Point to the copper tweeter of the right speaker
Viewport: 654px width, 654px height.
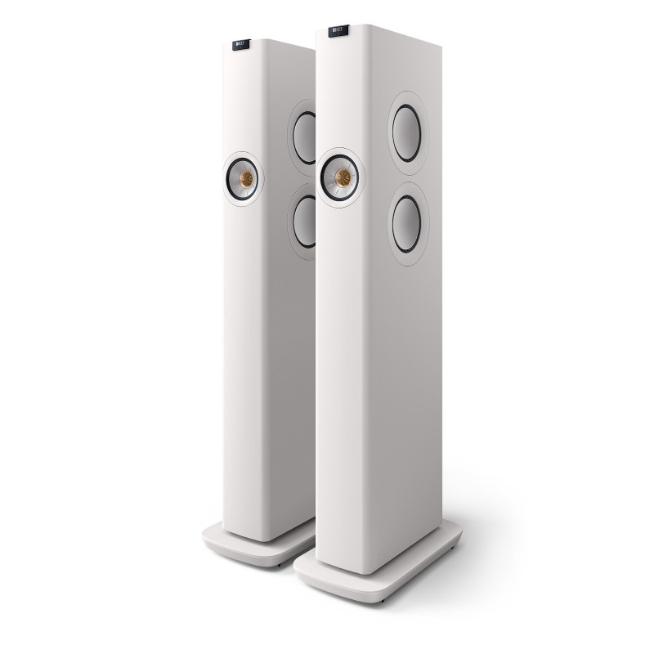[338, 173]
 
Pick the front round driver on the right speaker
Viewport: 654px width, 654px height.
[338, 173]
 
